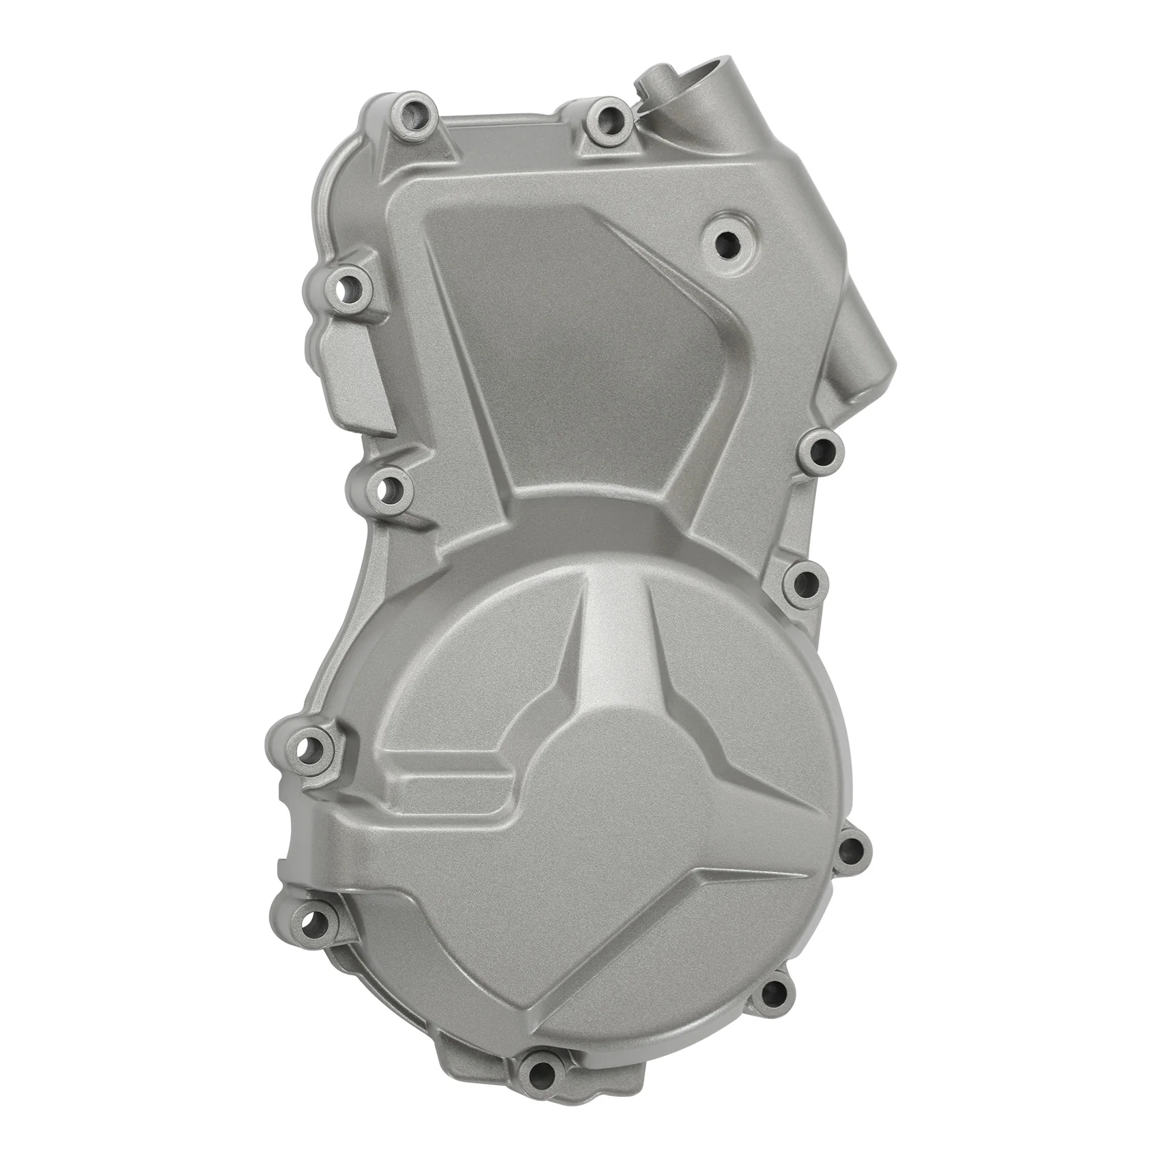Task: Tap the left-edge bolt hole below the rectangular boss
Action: (389, 489)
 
